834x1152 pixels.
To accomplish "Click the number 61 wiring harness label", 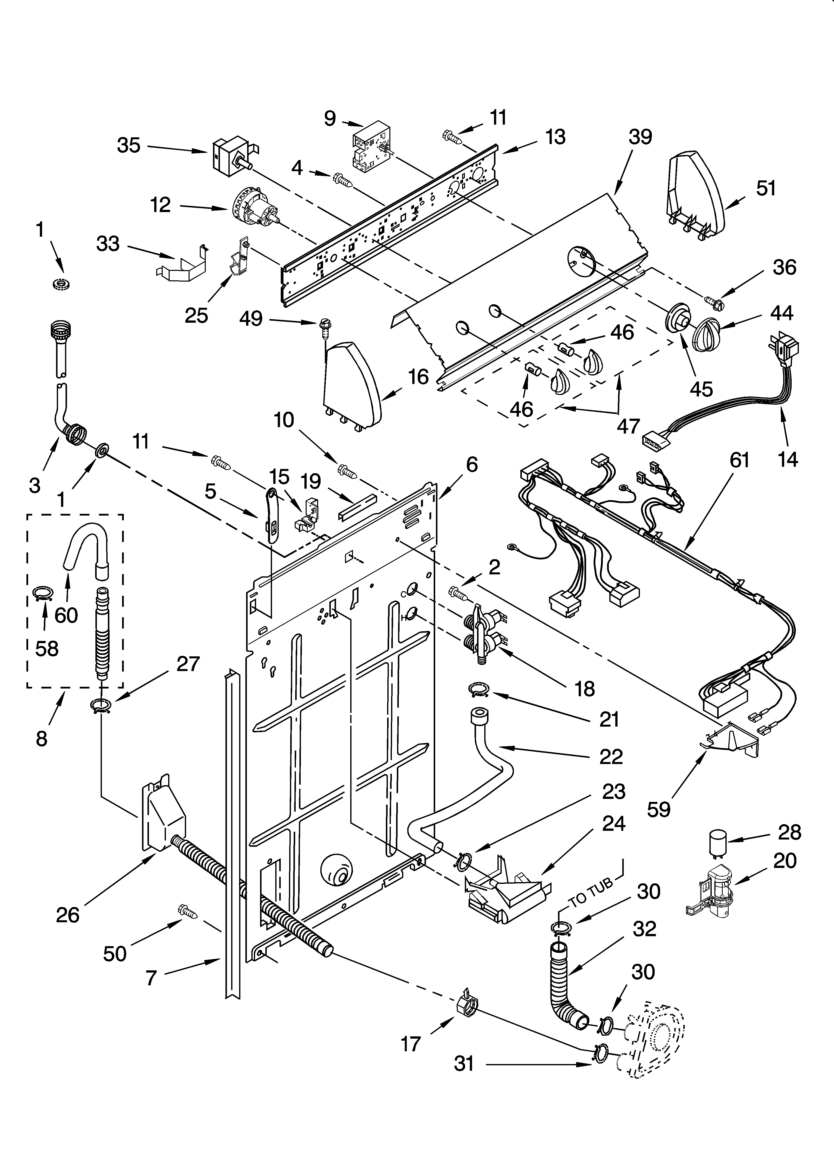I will click(740, 460).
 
